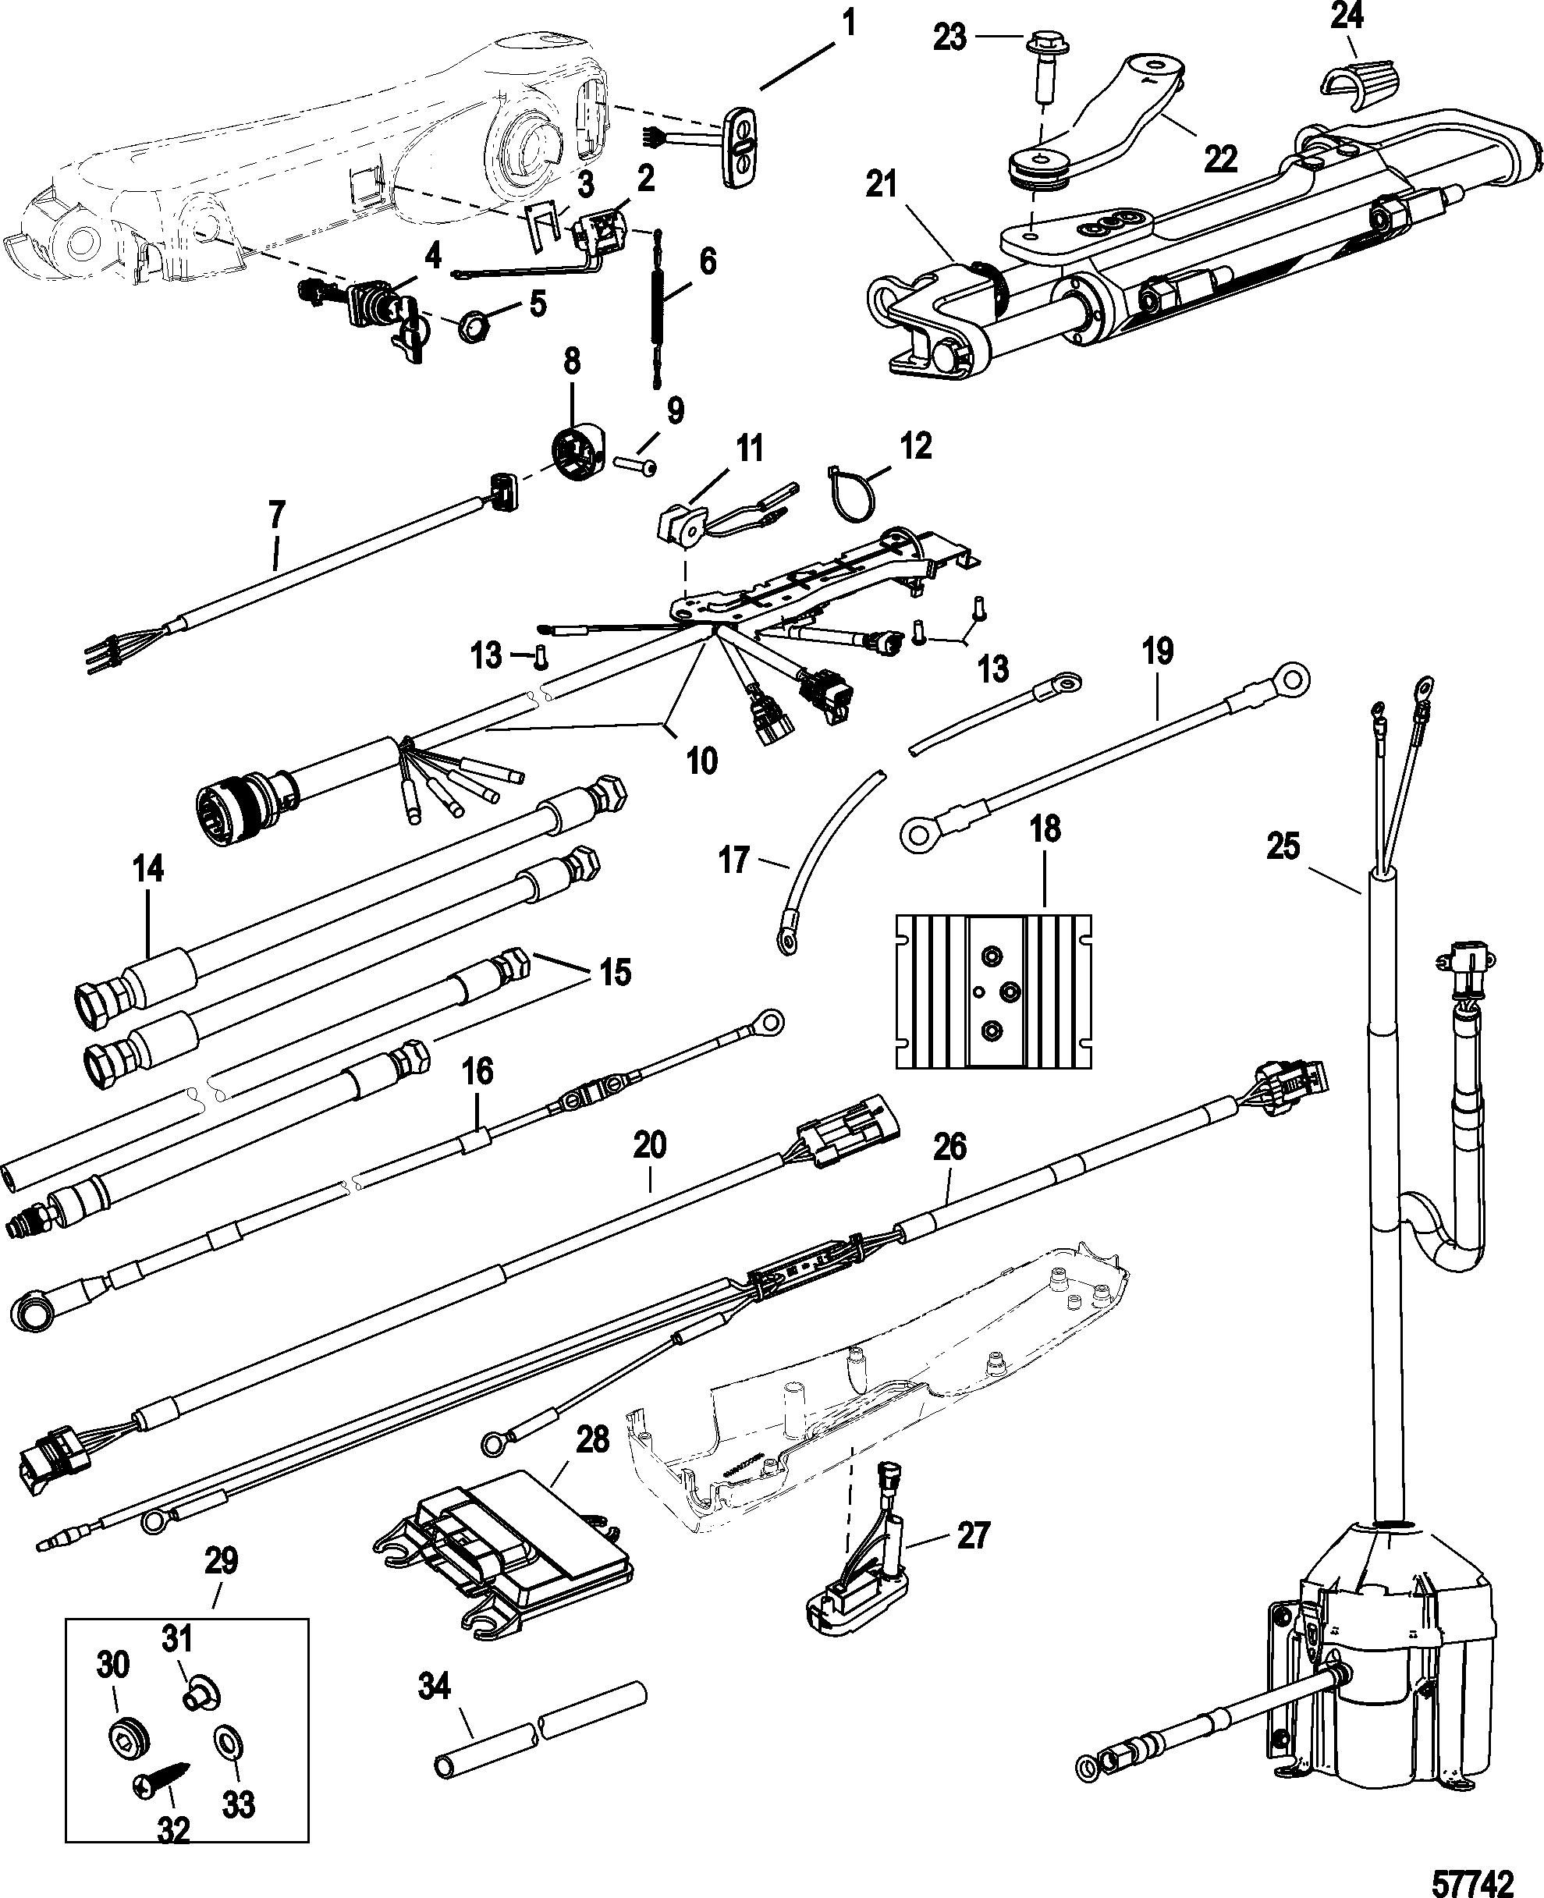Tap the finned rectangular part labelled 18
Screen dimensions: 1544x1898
[x=992, y=991]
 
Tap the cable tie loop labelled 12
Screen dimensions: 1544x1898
[x=852, y=488]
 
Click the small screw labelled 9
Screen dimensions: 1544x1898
[x=635, y=465]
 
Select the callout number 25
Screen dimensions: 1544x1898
[x=1283, y=846]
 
